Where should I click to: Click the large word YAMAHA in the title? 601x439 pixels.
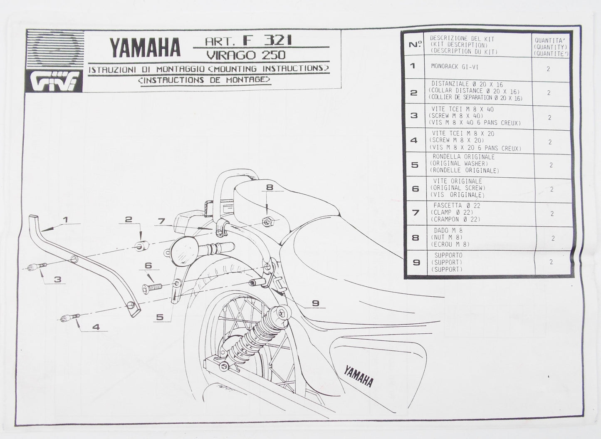145,47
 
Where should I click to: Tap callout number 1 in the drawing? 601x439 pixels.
65,219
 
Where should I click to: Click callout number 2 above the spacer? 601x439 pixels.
129,219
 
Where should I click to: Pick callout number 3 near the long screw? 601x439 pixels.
57,280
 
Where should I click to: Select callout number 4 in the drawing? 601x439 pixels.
96,327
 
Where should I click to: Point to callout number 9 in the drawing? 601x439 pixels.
316,304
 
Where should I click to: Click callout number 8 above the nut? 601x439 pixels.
270,188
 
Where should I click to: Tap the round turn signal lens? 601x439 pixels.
182,251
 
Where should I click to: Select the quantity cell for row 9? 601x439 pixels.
551,262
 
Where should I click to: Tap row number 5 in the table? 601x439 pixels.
415,165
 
